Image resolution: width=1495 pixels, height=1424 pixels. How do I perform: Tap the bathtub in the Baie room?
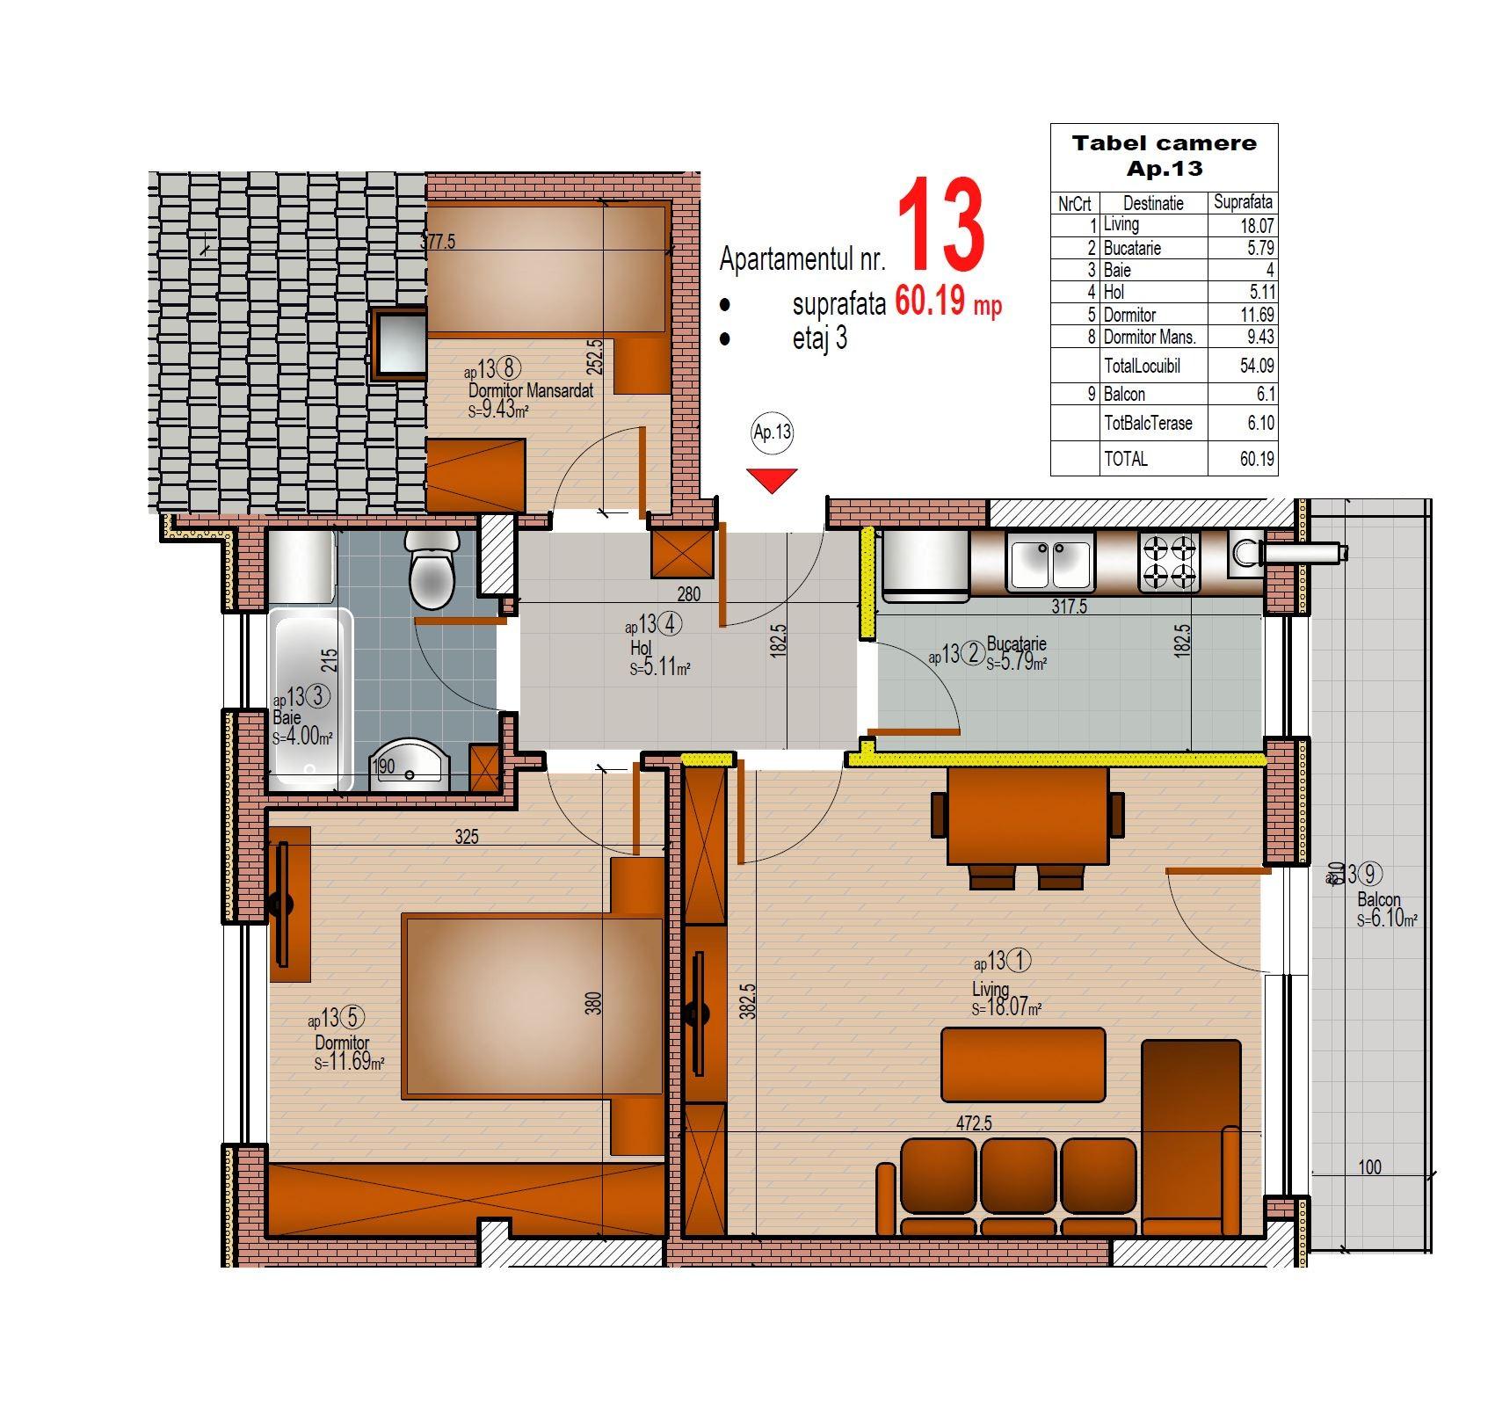tap(311, 700)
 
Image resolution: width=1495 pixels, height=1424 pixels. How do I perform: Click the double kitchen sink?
tap(1050, 563)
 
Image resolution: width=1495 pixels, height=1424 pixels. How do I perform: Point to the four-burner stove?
tap(1169, 561)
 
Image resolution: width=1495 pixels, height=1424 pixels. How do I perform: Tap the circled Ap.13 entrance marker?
tap(773, 432)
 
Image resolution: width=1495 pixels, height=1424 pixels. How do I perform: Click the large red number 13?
tap(941, 225)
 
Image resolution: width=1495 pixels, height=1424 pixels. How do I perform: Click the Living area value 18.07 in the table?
tap(1257, 226)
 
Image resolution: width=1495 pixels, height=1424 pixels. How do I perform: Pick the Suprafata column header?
tap(1243, 202)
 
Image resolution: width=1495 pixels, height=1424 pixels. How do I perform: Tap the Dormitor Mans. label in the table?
tap(1150, 337)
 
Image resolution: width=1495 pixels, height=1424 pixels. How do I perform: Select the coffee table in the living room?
tap(1023, 1064)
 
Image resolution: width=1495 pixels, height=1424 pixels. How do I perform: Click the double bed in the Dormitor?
tap(533, 1006)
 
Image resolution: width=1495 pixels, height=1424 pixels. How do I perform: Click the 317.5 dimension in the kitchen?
tap(1070, 607)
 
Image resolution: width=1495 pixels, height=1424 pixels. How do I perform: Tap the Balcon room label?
tap(1379, 900)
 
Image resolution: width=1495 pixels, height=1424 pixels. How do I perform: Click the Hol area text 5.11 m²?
tap(660, 667)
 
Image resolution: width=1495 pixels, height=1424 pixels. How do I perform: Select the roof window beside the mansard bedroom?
tap(400, 343)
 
